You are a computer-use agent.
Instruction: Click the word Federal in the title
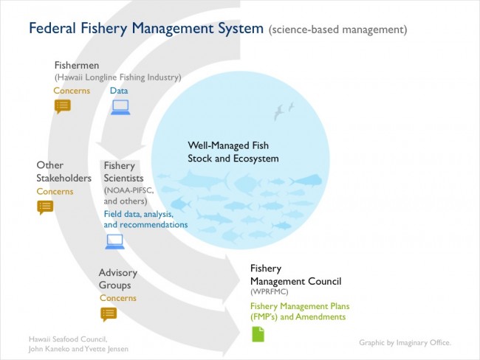coord(52,28)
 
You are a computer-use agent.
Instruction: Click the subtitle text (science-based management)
coord(337,30)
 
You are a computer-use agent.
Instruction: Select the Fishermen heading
coord(77,65)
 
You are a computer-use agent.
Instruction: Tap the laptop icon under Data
coord(120,108)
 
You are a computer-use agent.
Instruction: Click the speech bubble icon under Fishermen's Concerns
coord(63,106)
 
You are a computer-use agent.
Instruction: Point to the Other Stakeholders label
coord(64,172)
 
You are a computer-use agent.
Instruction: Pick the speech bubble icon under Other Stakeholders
coord(45,207)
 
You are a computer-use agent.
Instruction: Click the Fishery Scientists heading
coord(123,172)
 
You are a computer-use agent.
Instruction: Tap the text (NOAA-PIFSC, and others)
coord(128,195)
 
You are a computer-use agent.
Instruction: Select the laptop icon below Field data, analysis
coord(114,242)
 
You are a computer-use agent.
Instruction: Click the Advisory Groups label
coord(118,279)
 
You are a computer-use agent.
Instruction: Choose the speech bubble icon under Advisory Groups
coord(109,314)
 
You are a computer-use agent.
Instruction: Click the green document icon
coord(258,334)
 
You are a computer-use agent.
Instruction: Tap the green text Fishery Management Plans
coord(300,306)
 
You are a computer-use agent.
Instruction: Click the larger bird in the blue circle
coord(278,112)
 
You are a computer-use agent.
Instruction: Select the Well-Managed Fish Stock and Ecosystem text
coord(233,152)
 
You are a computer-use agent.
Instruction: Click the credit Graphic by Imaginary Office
coord(405,342)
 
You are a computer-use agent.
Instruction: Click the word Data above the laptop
coord(119,91)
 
